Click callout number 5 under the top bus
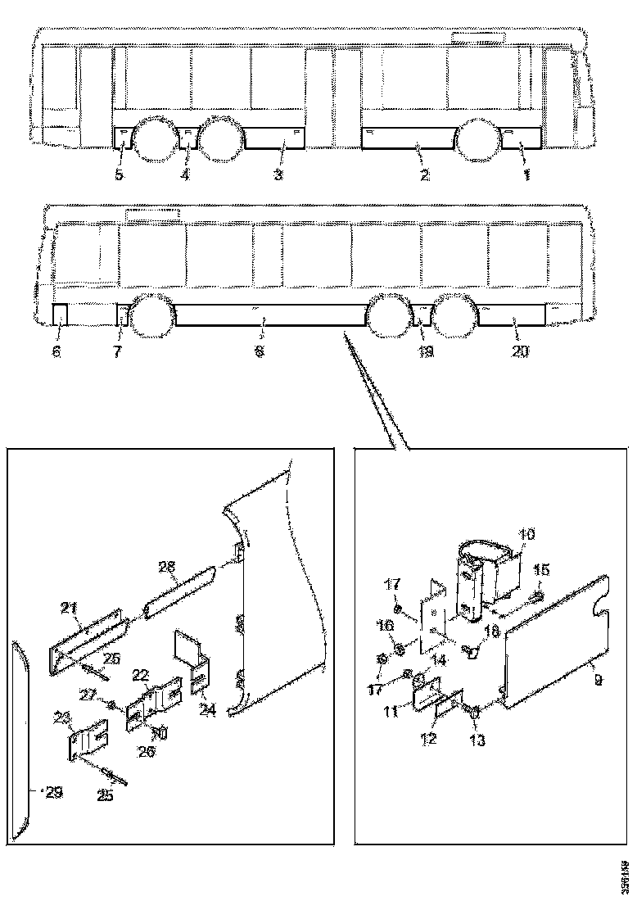(120, 175)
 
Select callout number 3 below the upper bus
(278, 175)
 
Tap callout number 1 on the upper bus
(526, 175)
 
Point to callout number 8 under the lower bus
(260, 351)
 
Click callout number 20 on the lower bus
(521, 351)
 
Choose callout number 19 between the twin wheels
(425, 351)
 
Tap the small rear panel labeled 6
(60, 315)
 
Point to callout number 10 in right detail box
(526, 535)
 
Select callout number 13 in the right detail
(477, 741)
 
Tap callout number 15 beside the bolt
(542, 569)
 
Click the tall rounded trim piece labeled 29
(20, 737)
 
